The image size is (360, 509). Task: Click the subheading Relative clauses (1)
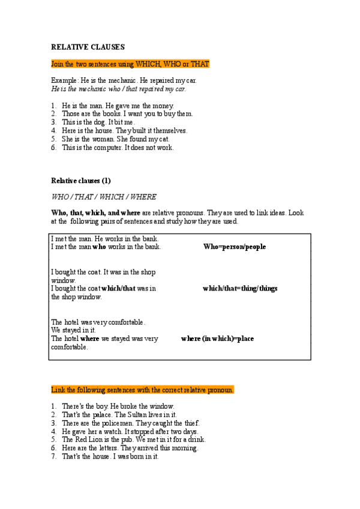(x=81, y=180)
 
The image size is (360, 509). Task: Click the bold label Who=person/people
(x=234, y=247)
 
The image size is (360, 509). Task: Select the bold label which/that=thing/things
(x=240, y=288)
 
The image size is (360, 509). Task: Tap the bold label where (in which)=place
(x=217, y=339)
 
